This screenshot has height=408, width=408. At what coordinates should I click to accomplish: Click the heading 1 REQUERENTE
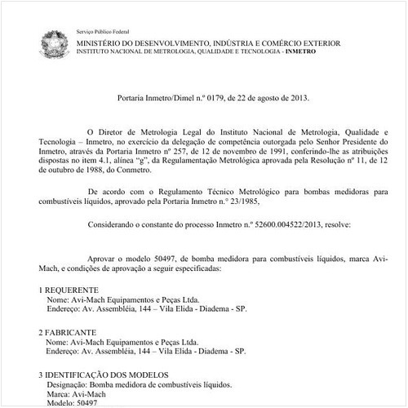70,290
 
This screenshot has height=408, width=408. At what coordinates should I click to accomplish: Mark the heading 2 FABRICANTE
69,333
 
